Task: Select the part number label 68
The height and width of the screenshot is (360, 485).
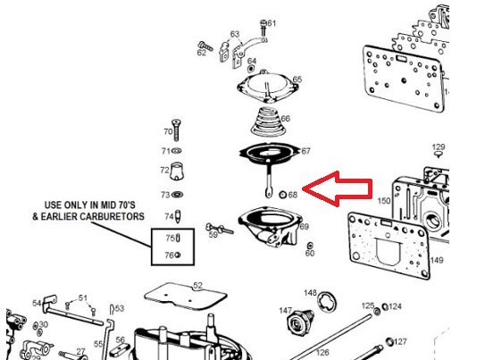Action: coord(293,193)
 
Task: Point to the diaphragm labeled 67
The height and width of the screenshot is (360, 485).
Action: coord(268,157)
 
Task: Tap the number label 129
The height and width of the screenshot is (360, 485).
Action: coord(439,147)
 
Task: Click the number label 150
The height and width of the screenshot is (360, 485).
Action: coord(384,201)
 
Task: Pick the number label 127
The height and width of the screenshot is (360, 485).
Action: coord(401,342)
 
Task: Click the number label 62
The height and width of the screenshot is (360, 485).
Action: coord(201,53)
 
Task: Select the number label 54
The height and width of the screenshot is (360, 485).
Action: coord(37,303)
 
